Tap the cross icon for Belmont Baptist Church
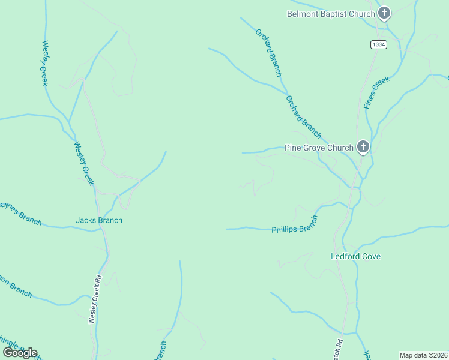pyautogui.click(x=384, y=13)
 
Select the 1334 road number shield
pyautogui.click(x=378, y=44)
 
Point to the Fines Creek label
pyautogui.click(x=376, y=92)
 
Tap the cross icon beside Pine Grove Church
pyautogui.click(x=363, y=146)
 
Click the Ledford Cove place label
pyautogui.click(x=356, y=256)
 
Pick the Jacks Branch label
pyautogui.click(x=99, y=220)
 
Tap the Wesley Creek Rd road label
pyautogui.click(x=93, y=300)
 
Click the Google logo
pyautogui.click(x=20, y=353)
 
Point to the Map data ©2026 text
pyautogui.click(x=423, y=355)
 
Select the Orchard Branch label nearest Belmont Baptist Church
pyautogui.click(x=268, y=53)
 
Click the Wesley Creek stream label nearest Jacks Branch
pyautogui.click(x=84, y=163)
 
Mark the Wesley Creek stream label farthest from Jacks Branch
pyautogui.click(x=44, y=63)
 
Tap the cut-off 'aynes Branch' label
pyautogui.click(x=21, y=214)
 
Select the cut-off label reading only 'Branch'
pyautogui.click(x=161, y=351)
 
